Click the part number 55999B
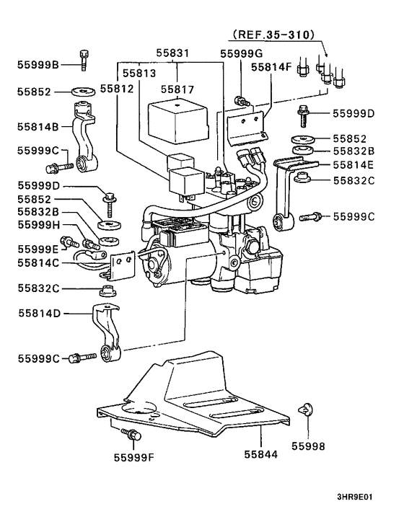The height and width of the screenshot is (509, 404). [x=38, y=64]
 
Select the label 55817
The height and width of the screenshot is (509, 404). [x=177, y=89]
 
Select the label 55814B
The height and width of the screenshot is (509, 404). [x=39, y=126]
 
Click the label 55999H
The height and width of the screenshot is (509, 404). [x=38, y=224]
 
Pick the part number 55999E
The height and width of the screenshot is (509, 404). [x=38, y=249]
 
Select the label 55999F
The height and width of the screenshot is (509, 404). [x=135, y=456]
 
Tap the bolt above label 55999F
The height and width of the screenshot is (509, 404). [x=132, y=433]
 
